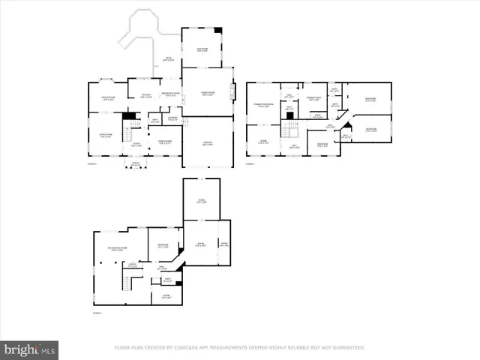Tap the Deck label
pos(169,59)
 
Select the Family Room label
pos(207,92)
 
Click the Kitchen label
pos(148,95)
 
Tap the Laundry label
pos(172,118)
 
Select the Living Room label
pos(106,136)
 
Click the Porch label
pos(136,165)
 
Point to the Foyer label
pos(136,144)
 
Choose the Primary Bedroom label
pos(264,105)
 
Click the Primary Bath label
pos(314,99)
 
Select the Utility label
pos(132,265)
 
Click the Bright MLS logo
pos(30,349)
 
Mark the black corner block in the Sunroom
pos(218,31)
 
